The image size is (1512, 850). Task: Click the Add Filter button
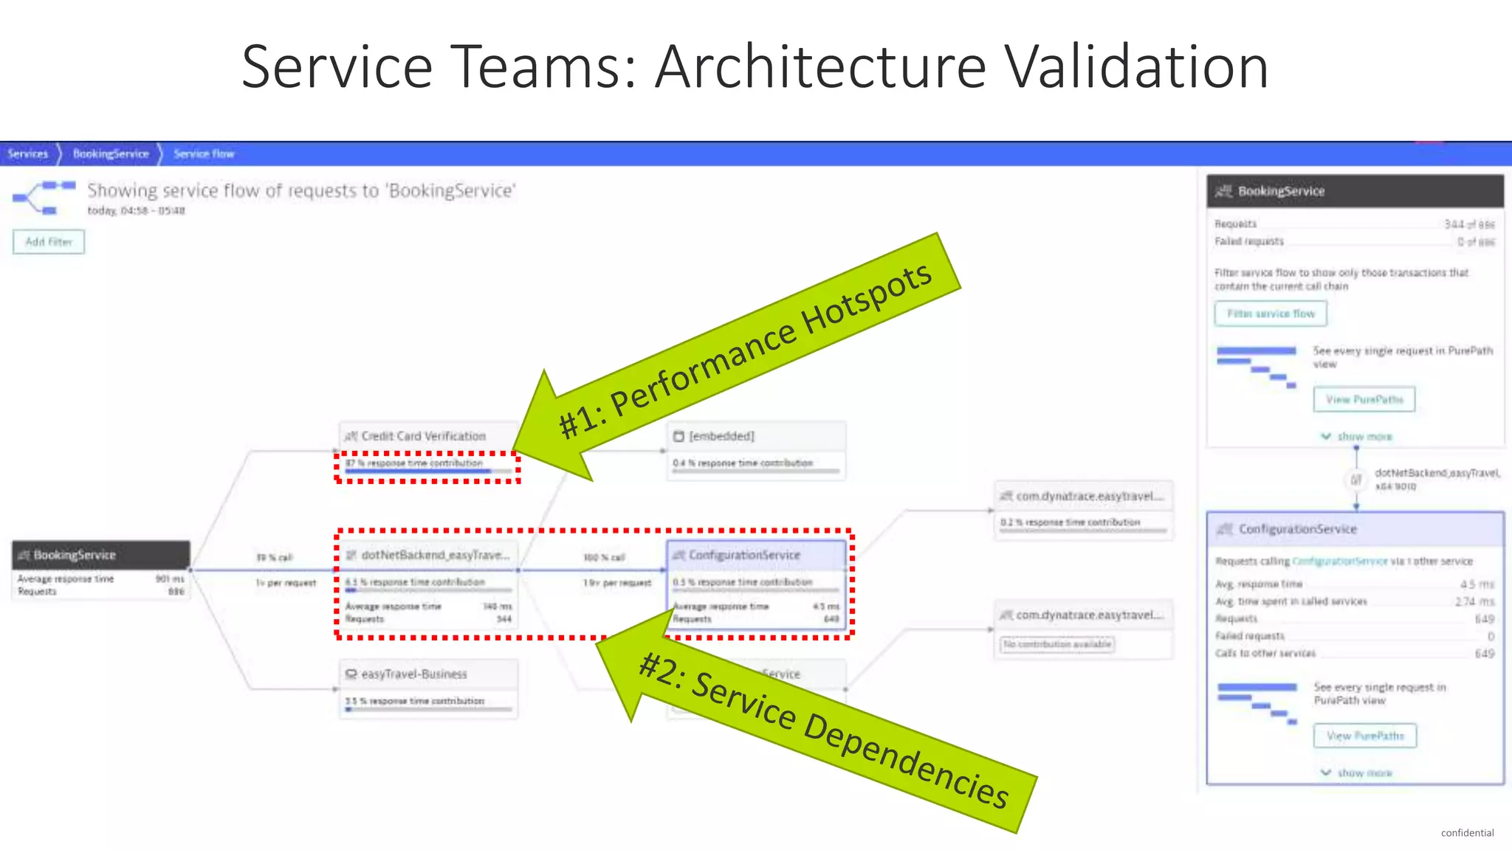click(49, 242)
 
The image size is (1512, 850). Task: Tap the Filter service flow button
click(1270, 314)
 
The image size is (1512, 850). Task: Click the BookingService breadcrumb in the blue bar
click(111, 153)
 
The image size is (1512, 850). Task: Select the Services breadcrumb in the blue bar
click(27, 153)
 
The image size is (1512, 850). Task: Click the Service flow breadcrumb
click(204, 153)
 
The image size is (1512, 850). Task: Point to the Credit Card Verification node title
click(423, 436)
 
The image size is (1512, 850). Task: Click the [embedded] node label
click(721, 436)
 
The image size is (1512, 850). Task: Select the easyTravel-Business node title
click(413, 674)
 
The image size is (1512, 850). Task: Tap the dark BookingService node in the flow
click(100, 555)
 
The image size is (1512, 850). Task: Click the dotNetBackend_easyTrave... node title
click(435, 555)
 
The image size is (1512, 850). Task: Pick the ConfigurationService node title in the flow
click(744, 555)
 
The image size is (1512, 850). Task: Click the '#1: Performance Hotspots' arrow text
click(746, 350)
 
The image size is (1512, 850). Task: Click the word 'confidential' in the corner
click(1467, 832)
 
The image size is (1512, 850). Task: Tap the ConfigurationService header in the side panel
click(1297, 529)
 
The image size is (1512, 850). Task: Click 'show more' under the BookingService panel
click(1364, 437)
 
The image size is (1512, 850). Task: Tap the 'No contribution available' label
click(1057, 644)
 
